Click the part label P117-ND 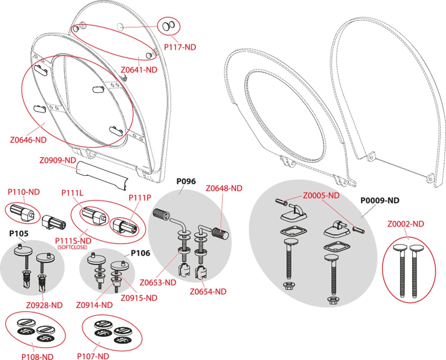pos(180,47)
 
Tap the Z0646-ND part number pos(28,140)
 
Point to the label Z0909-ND pos(57,161)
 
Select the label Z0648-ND pos(224,188)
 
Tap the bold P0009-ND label pos(380,200)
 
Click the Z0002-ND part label pos(405,224)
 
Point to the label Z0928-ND pos(44,305)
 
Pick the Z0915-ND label pos(139,298)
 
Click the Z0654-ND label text pos(208,292)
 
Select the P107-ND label pos(93,356)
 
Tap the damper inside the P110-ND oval pos(22,213)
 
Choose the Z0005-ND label pos(321,195)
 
